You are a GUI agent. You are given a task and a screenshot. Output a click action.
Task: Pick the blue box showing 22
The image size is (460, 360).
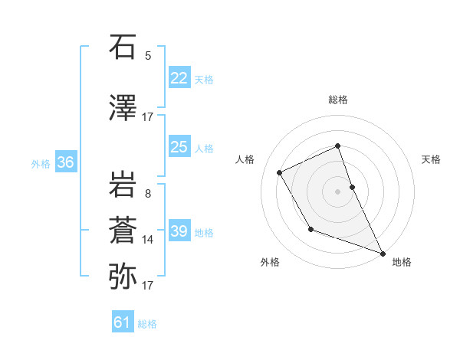pos(179,79)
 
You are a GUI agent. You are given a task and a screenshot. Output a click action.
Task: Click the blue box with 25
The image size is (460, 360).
pos(179,147)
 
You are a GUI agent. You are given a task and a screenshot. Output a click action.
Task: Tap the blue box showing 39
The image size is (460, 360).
pos(179,231)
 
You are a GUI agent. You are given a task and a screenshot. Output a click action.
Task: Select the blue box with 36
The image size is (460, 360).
pos(66,162)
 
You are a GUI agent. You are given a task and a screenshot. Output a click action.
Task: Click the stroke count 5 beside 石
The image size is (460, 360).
pos(148,55)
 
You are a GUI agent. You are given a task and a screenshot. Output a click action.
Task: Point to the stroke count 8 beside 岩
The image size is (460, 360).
pos(148,193)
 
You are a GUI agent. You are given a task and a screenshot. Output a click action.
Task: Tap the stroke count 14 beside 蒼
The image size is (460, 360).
pos(148,240)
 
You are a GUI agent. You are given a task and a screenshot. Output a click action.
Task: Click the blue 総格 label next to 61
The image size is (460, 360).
pos(147,324)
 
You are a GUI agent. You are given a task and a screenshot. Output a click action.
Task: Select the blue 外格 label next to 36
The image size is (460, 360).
pos(41,164)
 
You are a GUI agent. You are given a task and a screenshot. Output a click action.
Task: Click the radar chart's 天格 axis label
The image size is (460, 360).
pos(431,159)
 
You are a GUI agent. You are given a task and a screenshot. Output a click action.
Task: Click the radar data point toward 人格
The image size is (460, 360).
pos(280,172)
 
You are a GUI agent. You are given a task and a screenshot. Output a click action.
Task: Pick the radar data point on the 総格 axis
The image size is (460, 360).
pos(337,146)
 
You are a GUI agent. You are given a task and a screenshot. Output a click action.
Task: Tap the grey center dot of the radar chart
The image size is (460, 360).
pos(337,191)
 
